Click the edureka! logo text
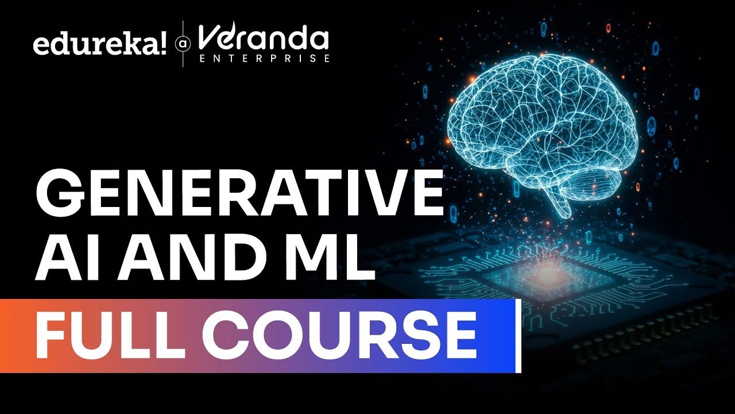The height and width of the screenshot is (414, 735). [100, 45]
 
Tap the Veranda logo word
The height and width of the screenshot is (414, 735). [264, 37]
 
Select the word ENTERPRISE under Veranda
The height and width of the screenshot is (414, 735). [265, 59]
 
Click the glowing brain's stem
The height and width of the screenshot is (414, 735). [558, 204]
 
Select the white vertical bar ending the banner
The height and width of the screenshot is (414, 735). [519, 336]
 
